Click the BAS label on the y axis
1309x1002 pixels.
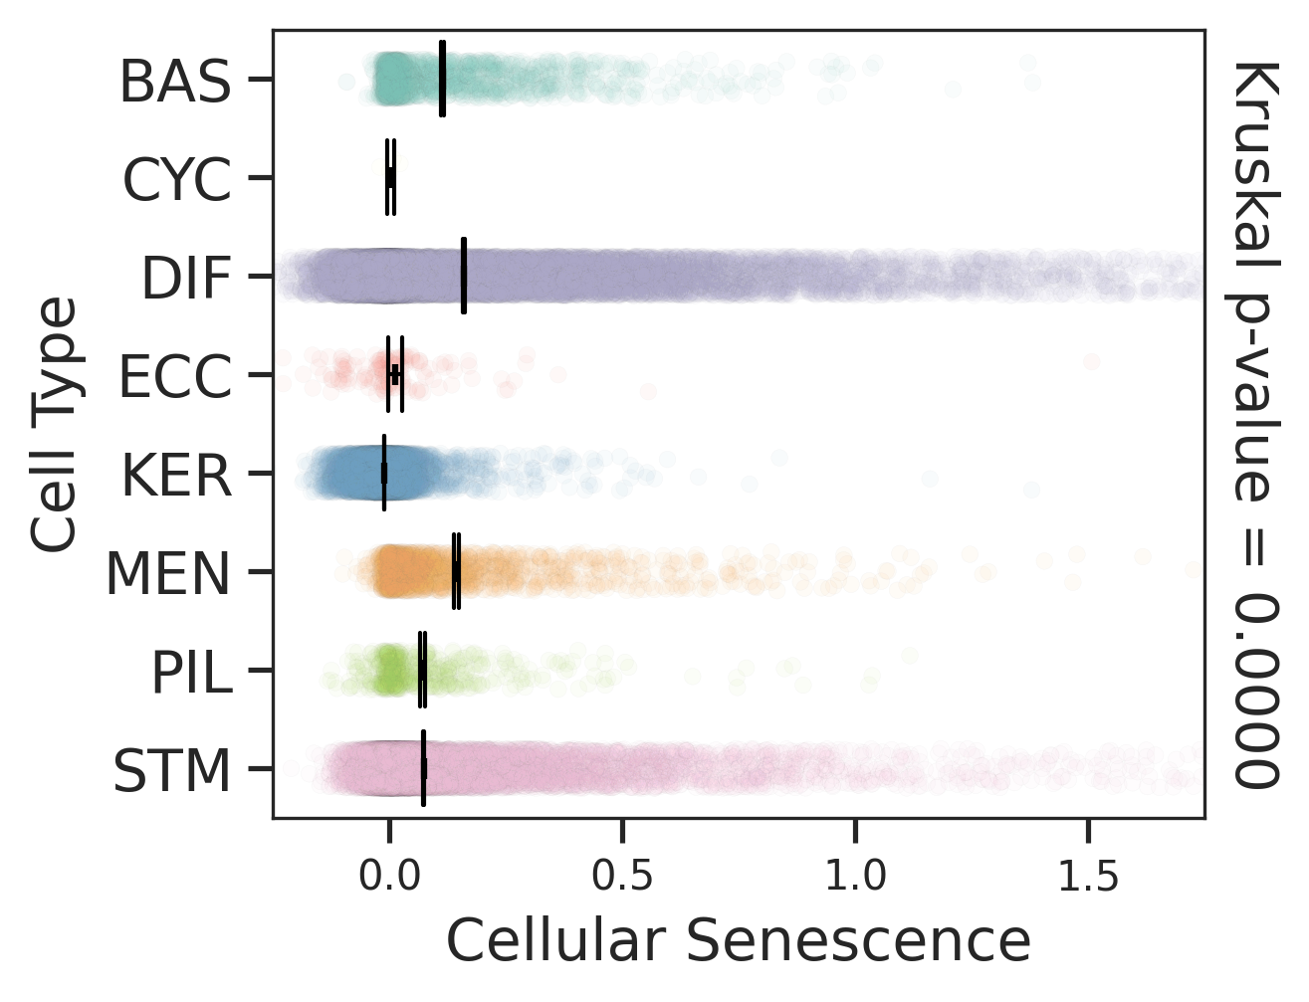point(174,82)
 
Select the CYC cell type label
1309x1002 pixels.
point(177,180)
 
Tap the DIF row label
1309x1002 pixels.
point(186,279)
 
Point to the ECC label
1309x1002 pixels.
point(175,377)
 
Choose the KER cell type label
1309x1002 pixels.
point(176,476)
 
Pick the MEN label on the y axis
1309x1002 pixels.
point(168,574)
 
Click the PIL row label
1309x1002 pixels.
point(191,673)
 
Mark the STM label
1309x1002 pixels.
point(171,771)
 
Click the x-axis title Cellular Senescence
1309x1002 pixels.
point(738,940)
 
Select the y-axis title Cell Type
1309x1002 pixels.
point(54,425)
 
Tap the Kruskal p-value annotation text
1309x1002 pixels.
point(1255,425)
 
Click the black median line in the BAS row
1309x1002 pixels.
point(442,79)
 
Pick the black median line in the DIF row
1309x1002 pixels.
point(464,277)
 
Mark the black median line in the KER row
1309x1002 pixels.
point(384,473)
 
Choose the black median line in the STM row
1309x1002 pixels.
point(423,768)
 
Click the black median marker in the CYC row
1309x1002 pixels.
point(390,178)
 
